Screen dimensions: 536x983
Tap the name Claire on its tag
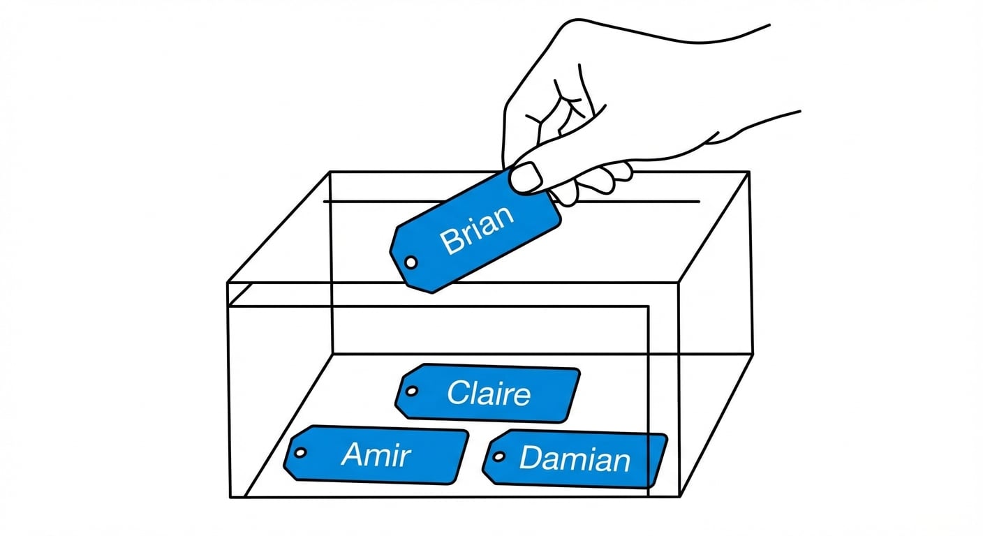click(x=489, y=394)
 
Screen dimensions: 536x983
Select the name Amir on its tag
click(x=376, y=455)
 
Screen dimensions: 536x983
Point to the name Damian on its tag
click(x=575, y=459)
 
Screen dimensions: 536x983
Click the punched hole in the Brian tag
click(x=411, y=262)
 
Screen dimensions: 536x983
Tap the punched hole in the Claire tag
click(x=412, y=392)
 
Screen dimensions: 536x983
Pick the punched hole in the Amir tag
click(x=300, y=453)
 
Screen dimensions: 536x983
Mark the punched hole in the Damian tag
click(x=498, y=457)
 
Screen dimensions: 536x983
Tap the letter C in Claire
click(x=458, y=393)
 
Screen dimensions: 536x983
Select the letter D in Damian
click(x=531, y=459)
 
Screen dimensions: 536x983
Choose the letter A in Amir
click(x=353, y=455)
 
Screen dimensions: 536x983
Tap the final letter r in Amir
click(x=406, y=457)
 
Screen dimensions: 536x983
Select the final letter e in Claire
click(x=520, y=396)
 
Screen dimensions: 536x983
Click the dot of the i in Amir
click(x=392, y=446)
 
